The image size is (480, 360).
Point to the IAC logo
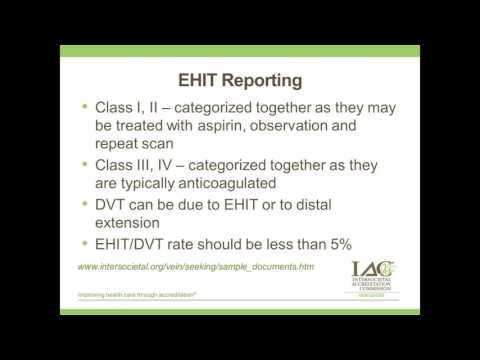[x=373, y=279]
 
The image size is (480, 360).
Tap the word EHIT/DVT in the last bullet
[x=135, y=242]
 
